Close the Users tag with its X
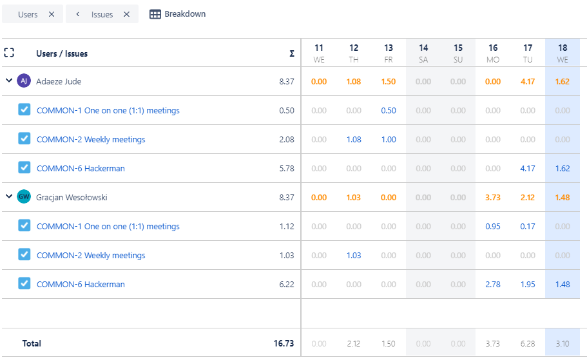pos(52,14)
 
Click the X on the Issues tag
pos(126,14)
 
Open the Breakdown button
pos(178,14)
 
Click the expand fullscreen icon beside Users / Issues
pos(9,53)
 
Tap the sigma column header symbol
pos(292,54)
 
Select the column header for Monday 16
pos(493,53)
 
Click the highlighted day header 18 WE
pos(563,53)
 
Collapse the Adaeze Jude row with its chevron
pos(9,81)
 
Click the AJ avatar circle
pos(24,81)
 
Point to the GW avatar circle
pos(24,197)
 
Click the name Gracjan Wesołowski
pos(72,198)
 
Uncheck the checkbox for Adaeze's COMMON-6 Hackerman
pos(24,167)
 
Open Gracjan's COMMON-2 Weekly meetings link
pos(91,256)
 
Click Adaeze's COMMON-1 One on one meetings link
pos(108,111)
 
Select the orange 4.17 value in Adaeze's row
pos(528,82)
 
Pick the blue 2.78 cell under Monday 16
pos(493,285)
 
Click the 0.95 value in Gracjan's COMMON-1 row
pos(493,227)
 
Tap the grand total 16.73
pos(284,344)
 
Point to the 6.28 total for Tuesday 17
pos(528,344)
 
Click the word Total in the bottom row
pos(32,344)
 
